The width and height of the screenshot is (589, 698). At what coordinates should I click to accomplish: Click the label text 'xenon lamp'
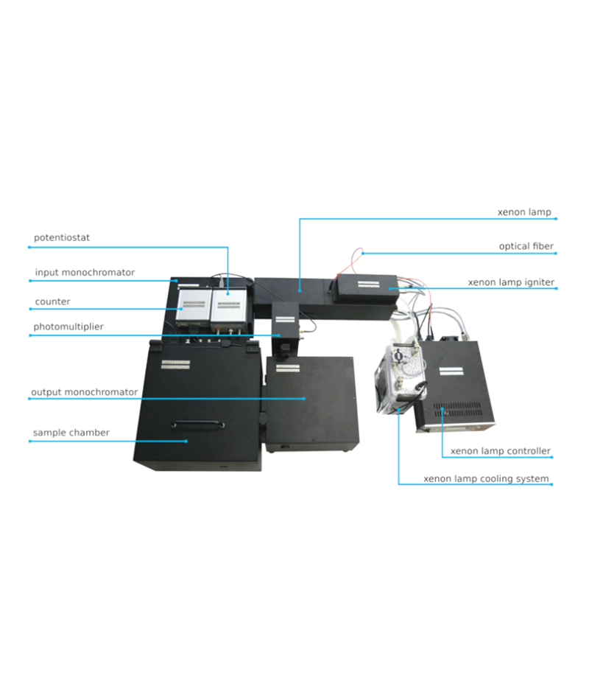click(x=524, y=212)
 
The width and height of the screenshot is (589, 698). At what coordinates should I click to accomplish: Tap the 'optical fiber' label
click(x=526, y=246)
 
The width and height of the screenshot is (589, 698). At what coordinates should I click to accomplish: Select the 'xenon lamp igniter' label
click(x=511, y=282)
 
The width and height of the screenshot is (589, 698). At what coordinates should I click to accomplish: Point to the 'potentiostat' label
click(x=62, y=237)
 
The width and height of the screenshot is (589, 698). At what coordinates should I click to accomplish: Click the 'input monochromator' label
click(x=85, y=272)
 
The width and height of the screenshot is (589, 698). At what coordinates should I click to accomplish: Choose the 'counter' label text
click(x=52, y=301)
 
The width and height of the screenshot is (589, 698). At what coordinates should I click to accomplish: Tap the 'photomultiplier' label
click(x=68, y=327)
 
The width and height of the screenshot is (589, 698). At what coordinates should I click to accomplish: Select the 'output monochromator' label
click(x=84, y=392)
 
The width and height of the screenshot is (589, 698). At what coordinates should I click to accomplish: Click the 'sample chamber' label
click(x=71, y=433)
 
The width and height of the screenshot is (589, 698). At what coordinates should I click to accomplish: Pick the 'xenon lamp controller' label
click(x=501, y=451)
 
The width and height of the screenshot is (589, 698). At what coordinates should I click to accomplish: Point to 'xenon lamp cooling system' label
click(x=486, y=478)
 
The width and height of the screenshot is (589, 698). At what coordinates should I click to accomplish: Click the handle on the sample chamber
click(x=197, y=425)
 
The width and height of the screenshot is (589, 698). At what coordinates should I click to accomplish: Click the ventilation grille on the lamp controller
click(x=457, y=410)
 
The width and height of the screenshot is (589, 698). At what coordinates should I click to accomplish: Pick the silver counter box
click(x=194, y=307)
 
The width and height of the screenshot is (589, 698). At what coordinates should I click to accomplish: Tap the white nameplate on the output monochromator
click(x=288, y=368)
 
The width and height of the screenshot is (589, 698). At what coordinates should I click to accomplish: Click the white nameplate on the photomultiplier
click(x=285, y=320)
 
